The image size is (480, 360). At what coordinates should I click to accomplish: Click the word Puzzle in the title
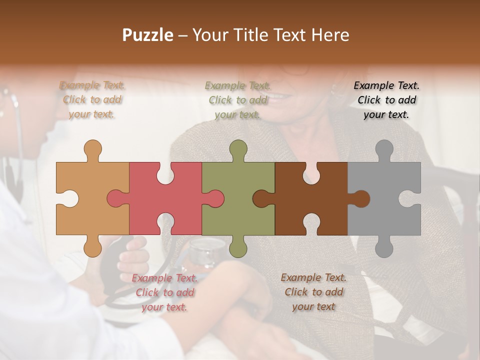(x=148, y=35)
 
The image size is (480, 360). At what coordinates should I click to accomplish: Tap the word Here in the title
(x=330, y=35)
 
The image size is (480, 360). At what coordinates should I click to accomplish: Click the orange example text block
(x=92, y=99)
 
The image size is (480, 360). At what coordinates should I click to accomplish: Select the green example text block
(x=238, y=100)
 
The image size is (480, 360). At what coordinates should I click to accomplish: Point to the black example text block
(x=386, y=100)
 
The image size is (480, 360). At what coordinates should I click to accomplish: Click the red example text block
(x=165, y=292)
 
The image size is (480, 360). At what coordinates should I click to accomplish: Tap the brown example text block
(x=313, y=291)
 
